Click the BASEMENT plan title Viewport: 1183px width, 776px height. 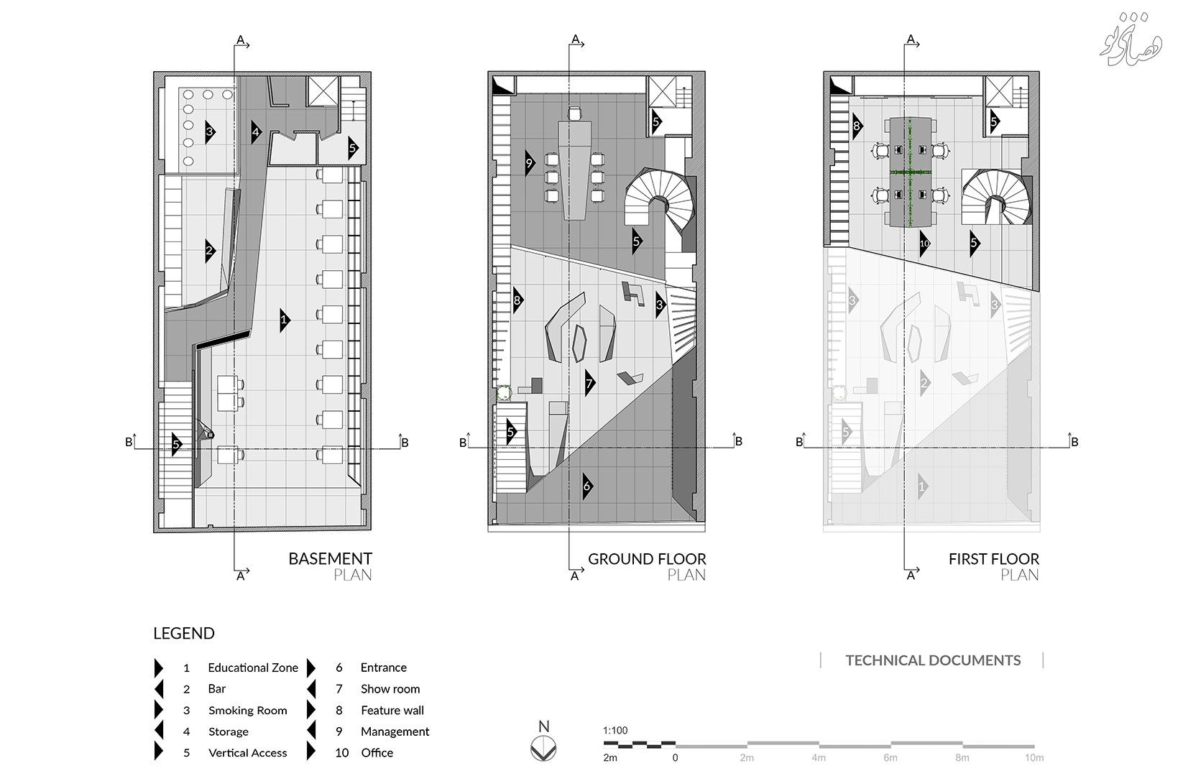(x=330, y=558)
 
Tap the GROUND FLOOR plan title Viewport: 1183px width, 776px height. (x=647, y=558)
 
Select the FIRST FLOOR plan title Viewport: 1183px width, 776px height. (x=993, y=558)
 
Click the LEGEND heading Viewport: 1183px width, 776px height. (x=184, y=633)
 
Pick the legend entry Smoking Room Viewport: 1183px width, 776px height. (x=247, y=710)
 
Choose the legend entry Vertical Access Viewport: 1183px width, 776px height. (x=247, y=752)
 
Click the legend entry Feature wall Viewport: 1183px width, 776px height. (x=392, y=710)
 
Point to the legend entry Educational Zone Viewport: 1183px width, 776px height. (x=252, y=668)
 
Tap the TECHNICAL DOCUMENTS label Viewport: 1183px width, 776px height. (x=932, y=660)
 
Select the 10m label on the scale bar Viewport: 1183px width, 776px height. (x=1034, y=757)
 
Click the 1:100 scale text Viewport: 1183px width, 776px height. (x=615, y=731)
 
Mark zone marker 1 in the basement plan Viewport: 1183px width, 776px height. (x=284, y=320)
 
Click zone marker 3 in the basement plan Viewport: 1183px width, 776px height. (x=209, y=131)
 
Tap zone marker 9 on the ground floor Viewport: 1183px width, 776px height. (x=529, y=163)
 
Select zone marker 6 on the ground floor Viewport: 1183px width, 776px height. (x=586, y=486)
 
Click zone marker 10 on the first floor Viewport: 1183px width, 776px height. (x=924, y=244)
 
